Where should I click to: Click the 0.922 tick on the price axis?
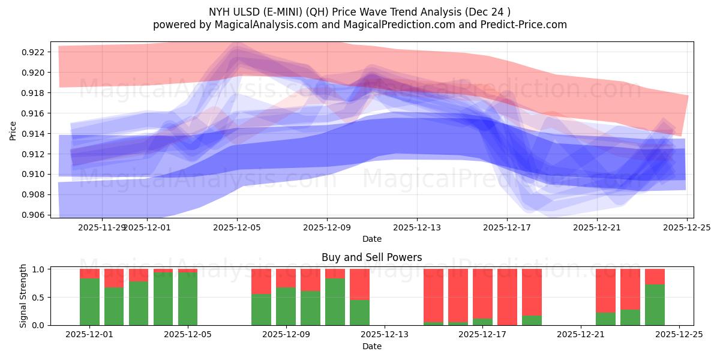pyautogui.click(x=36, y=52)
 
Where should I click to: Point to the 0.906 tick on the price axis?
pyautogui.click(x=36, y=215)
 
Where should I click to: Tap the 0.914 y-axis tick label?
pyautogui.click(x=36, y=134)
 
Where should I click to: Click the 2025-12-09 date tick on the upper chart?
pyautogui.click(x=327, y=227)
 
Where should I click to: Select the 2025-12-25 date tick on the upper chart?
pyautogui.click(x=687, y=227)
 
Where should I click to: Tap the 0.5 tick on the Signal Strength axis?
pyautogui.click(x=39, y=298)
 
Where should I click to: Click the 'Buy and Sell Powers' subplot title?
pyautogui.click(x=371, y=257)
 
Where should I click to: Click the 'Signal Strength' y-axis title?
pyautogui.click(x=23, y=296)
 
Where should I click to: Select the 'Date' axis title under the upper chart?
pyautogui.click(x=371, y=239)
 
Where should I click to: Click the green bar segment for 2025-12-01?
pyautogui.click(x=89, y=302)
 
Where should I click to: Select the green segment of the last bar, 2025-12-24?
pyautogui.click(x=655, y=305)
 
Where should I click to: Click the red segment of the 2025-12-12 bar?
pyautogui.click(x=359, y=284)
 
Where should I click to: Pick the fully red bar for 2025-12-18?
pyautogui.click(x=507, y=297)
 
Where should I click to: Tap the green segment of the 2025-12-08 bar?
pyautogui.click(x=261, y=310)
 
